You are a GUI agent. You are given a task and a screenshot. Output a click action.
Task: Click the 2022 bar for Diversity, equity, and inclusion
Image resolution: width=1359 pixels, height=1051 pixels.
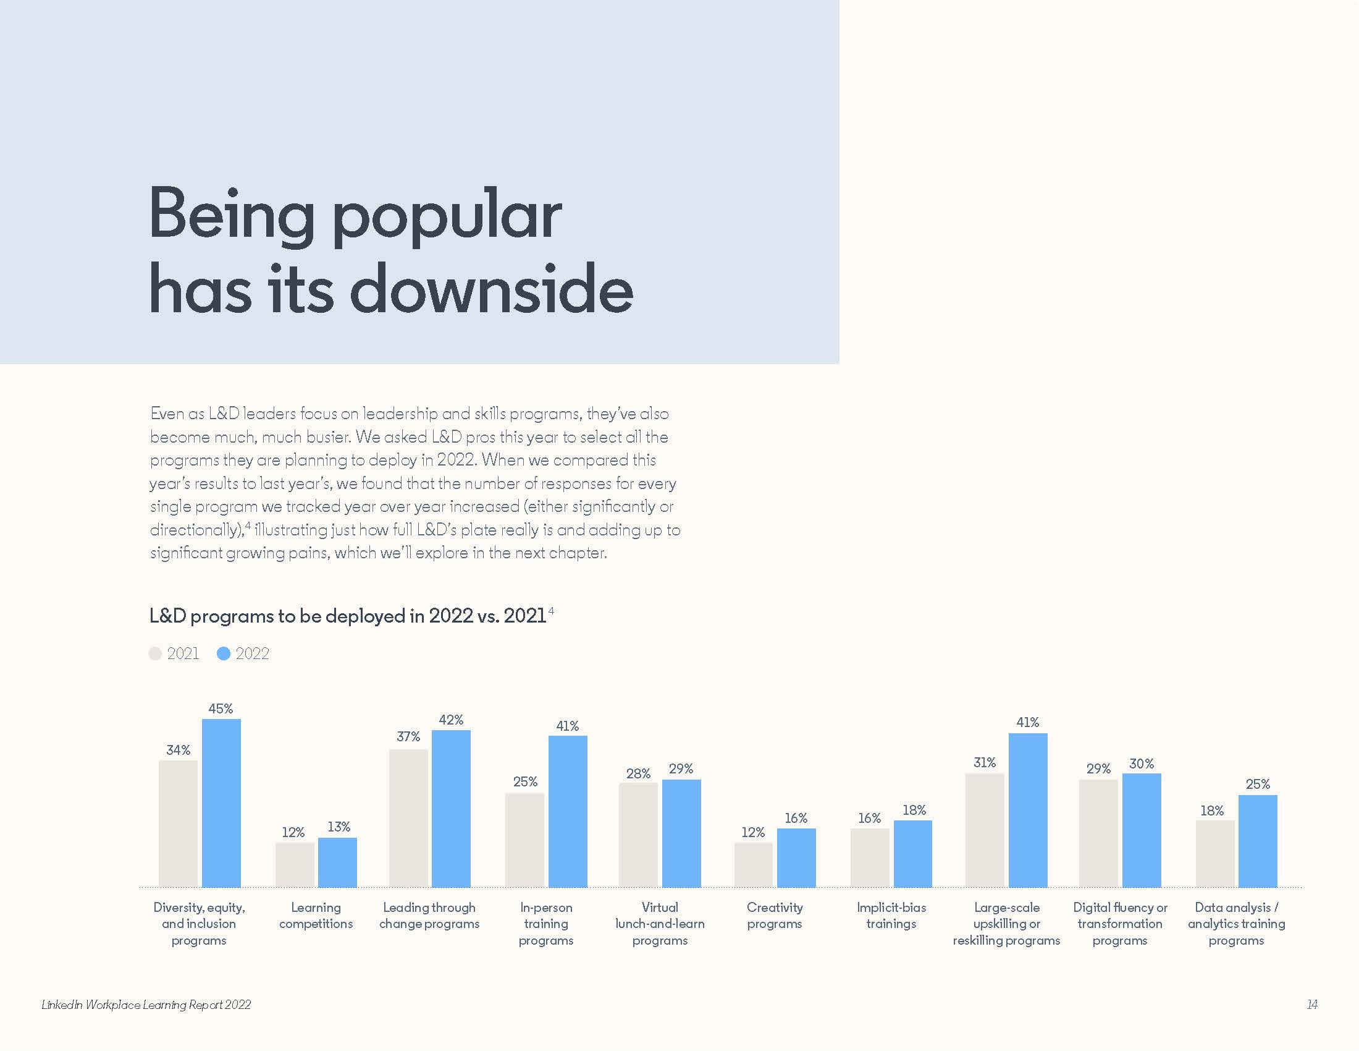click(221, 803)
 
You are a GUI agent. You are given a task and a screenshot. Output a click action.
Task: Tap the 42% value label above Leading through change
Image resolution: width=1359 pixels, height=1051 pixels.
click(450, 720)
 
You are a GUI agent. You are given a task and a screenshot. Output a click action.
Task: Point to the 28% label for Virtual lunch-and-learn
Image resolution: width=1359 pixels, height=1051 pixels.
click(638, 773)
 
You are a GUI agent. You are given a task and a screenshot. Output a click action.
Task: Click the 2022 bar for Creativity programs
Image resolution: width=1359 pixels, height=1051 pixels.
click(796, 857)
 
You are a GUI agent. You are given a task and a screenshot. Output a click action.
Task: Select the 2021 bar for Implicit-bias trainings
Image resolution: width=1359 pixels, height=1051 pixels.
click(869, 857)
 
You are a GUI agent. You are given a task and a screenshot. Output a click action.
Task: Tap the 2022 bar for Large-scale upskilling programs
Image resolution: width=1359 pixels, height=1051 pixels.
click(1027, 810)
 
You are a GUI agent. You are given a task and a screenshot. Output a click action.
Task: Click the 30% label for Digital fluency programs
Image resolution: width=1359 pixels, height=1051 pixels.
click(1141, 764)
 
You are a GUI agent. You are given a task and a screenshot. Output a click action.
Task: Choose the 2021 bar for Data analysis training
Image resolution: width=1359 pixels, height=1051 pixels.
click(1214, 854)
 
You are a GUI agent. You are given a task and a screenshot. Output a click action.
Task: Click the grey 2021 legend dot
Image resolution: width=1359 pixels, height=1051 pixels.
click(155, 653)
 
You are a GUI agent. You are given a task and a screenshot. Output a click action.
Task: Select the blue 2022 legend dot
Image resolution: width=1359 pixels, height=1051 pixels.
click(224, 653)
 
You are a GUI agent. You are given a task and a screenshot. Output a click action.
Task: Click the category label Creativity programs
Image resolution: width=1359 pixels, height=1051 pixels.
click(775, 915)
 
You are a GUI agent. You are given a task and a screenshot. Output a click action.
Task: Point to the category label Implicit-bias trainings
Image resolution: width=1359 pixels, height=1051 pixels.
click(891, 915)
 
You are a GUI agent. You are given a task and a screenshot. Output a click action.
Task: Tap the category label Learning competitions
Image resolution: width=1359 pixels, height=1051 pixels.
click(316, 915)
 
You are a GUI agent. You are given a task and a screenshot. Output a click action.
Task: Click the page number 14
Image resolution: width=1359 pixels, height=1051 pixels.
click(1311, 1004)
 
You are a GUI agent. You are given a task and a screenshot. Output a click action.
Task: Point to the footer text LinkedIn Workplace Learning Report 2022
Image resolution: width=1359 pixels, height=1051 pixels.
click(146, 1004)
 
